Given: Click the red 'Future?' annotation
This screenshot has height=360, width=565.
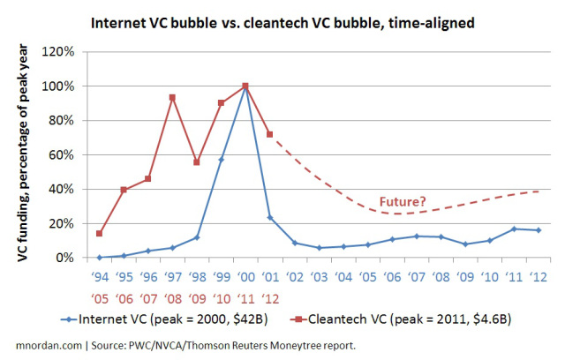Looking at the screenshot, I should pos(403,201).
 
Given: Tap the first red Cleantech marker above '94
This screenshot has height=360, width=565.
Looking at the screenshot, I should pos(99,234).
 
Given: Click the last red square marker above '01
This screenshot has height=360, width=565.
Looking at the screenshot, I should pos(269,134).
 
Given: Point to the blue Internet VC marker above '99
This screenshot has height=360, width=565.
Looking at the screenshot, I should pos(221,159).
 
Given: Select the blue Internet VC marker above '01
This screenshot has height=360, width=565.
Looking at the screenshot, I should pos(269,218).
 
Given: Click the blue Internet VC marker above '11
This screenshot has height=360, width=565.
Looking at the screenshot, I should pos(514,229).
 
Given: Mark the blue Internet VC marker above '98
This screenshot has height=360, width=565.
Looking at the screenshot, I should pos(196,237).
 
